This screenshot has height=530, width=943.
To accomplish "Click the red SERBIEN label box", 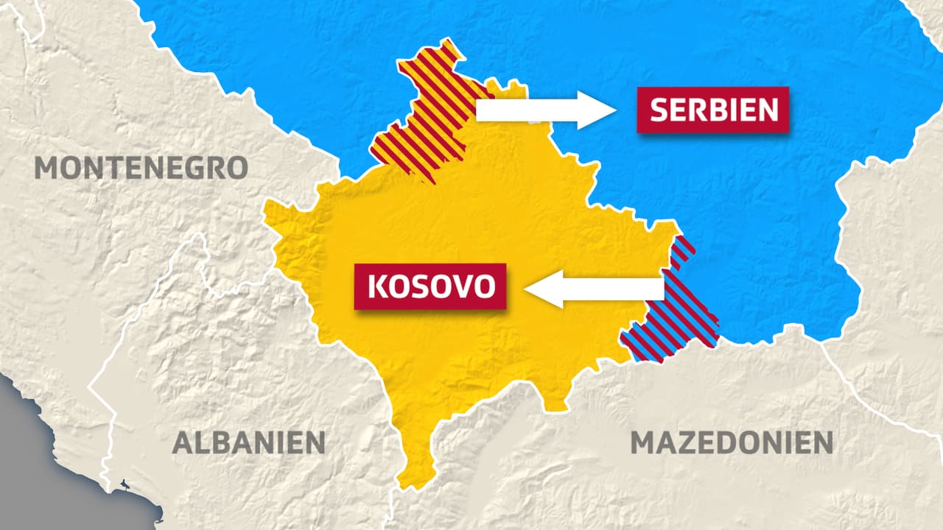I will coord(713,110).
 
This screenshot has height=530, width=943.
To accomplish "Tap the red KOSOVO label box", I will coord(430,286).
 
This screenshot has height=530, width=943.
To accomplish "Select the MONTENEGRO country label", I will coord(141,168).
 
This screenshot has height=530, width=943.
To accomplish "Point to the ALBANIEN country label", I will coord(248,442).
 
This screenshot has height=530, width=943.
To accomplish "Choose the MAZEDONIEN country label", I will coord(732,442).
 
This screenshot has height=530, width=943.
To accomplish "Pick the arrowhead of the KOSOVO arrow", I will coord(541,289).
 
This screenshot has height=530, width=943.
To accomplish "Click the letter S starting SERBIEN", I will coord(660,110).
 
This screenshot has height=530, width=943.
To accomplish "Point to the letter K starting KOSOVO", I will coord(376,286).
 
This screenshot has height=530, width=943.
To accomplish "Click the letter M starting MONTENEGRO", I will coord(49,168).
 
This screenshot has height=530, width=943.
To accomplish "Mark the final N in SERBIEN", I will coord(767,110).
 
